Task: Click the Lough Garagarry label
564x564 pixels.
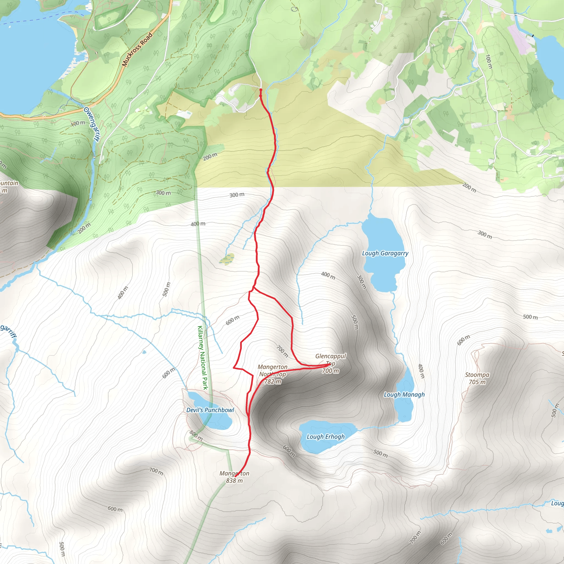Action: (x=385, y=253)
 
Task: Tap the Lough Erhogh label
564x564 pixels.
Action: (x=326, y=437)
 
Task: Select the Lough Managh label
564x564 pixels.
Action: (x=404, y=395)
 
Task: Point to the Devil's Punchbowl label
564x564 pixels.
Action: (x=210, y=410)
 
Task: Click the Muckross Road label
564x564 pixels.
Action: (x=137, y=50)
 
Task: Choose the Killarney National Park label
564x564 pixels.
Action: (x=203, y=358)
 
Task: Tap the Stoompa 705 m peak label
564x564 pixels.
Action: (x=477, y=378)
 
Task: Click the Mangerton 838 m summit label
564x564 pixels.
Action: (x=234, y=477)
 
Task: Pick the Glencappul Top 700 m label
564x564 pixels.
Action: (x=330, y=364)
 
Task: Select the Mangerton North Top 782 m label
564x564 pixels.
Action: (x=272, y=374)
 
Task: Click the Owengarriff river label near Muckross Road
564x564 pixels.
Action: (x=91, y=124)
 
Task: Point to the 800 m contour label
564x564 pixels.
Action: (x=196, y=436)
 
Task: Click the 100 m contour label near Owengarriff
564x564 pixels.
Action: (x=78, y=123)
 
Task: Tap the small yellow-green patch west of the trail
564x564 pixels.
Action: (x=227, y=259)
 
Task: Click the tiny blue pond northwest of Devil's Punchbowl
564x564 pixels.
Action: (x=144, y=352)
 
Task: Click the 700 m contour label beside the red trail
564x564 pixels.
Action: (x=282, y=351)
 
